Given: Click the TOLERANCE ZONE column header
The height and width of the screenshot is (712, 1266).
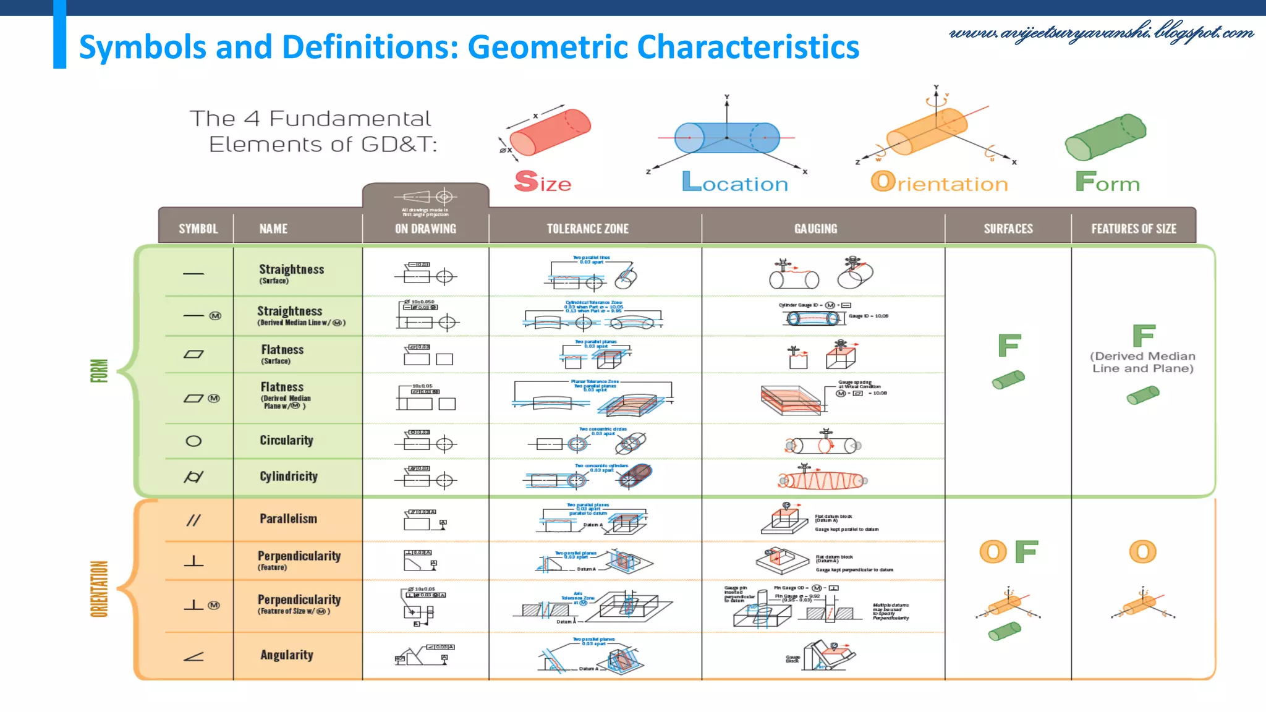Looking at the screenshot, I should [587, 229].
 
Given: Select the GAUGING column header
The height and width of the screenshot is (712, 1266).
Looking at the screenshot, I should [815, 229].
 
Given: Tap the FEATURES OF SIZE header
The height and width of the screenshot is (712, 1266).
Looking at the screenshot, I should [1133, 229].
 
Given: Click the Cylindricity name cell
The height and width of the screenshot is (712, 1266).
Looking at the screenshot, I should [289, 477].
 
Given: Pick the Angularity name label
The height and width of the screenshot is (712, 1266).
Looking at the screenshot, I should [286, 655].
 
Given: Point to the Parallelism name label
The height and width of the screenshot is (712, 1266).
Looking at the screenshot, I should [288, 519].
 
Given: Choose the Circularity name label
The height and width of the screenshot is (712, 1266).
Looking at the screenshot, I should [286, 441].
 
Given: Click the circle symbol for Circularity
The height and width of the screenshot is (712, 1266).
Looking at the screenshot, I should [193, 441].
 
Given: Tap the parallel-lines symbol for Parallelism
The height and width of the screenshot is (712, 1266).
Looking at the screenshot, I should [193, 520].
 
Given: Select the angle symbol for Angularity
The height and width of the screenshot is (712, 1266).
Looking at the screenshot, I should [193, 656].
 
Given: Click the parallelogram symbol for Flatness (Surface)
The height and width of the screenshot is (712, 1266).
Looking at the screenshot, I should [193, 355].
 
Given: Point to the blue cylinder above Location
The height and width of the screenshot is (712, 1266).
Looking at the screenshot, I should [727, 137].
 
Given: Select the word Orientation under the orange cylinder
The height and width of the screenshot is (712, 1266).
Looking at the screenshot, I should [939, 183].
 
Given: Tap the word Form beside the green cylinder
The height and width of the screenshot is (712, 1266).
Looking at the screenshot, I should [1107, 183].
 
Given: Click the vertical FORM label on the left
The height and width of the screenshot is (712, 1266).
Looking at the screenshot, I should [100, 371].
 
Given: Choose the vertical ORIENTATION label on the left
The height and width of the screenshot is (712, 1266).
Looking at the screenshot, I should [100, 588].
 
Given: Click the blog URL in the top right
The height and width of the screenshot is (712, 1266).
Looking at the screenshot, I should [1101, 32].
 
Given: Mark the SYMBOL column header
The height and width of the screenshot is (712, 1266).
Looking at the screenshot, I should [198, 229].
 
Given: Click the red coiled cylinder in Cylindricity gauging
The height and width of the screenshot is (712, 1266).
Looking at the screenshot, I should [822, 480].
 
